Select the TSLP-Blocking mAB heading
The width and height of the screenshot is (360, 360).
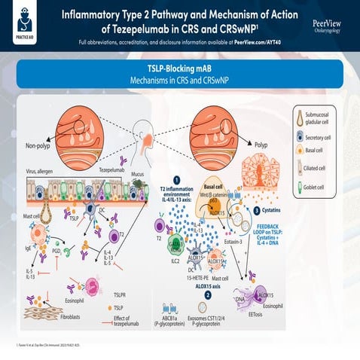point(179,67)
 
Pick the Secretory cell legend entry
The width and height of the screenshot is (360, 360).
point(325,139)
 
